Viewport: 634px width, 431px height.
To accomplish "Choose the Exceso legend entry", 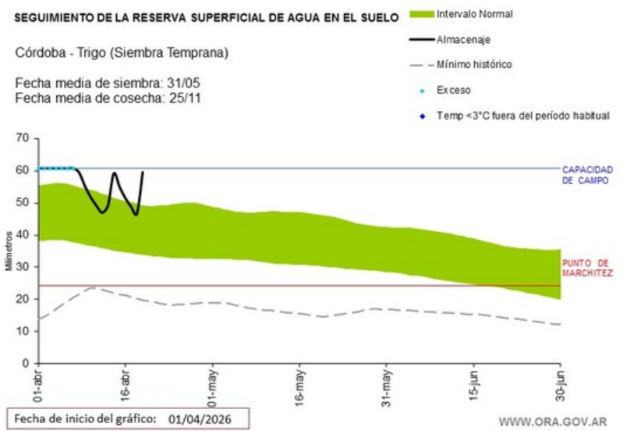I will pos(453,90).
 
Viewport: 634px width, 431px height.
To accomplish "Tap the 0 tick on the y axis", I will pos(26,364).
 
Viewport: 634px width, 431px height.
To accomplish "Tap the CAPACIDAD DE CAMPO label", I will pos(588,175).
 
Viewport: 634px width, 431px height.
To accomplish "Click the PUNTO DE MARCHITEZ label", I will pos(587,268).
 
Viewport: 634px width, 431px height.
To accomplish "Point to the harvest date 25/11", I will pos(187,98).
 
